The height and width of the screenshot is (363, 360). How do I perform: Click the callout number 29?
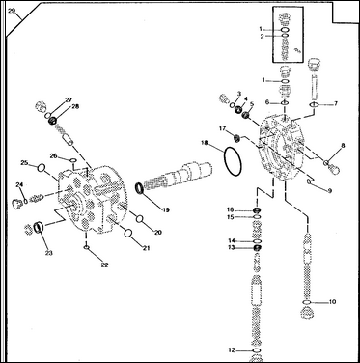12,12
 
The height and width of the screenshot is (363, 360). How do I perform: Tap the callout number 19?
166,210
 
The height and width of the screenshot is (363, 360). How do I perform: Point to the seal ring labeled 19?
140,188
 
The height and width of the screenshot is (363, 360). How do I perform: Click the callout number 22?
104,265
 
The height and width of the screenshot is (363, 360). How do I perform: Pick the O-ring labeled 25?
42,168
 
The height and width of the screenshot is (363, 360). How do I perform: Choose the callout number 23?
48,253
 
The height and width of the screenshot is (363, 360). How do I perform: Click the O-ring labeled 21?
128,234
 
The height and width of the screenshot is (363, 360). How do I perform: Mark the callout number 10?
332,302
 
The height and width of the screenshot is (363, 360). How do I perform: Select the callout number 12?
232,350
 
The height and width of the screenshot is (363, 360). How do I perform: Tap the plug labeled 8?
332,166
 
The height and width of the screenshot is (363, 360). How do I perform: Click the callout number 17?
223,128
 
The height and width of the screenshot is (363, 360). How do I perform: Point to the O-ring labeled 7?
314,104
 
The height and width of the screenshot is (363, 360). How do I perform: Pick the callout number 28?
75,106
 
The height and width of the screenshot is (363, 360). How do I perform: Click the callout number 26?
53,155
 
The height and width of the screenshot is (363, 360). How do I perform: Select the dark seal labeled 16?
257,210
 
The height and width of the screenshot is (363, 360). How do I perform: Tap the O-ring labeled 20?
140,219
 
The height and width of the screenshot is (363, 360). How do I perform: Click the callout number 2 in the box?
262,36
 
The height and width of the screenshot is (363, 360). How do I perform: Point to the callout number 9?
329,191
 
